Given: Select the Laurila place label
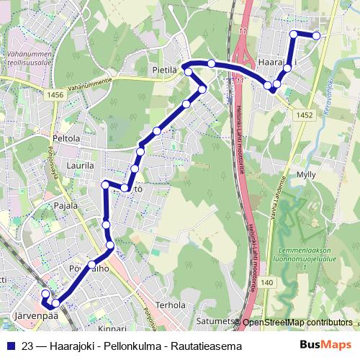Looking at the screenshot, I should (80, 165).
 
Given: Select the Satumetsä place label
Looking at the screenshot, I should (217, 321).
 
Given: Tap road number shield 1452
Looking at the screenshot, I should (303, 114).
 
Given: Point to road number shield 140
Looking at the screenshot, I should (268, 282).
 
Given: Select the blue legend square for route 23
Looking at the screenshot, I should (9, 346).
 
